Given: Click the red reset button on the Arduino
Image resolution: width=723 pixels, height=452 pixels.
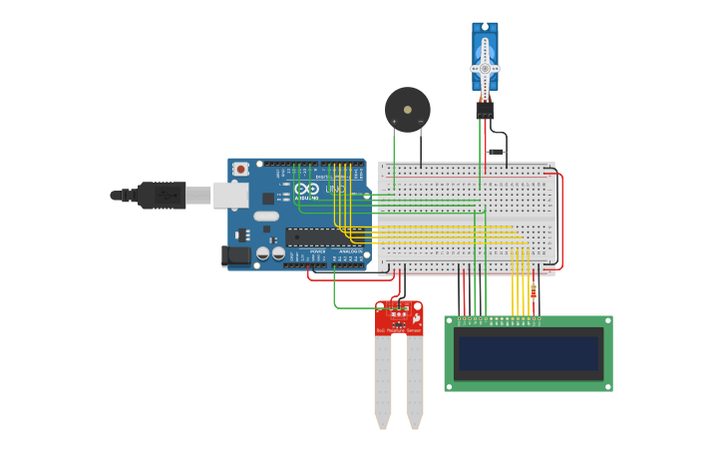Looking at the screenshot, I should pyautogui.click(x=240, y=170).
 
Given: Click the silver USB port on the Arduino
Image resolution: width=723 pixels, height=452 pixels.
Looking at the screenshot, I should pyautogui.click(x=230, y=195).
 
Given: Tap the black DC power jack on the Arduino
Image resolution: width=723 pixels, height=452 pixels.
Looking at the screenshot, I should pyautogui.click(x=235, y=255).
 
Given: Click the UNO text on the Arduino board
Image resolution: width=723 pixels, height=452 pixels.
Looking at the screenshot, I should pyautogui.click(x=335, y=189).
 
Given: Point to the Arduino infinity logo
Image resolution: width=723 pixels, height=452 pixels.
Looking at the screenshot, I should pyautogui.click(x=307, y=189).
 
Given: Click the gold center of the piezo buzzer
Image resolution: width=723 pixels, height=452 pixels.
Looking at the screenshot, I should pyautogui.click(x=407, y=110).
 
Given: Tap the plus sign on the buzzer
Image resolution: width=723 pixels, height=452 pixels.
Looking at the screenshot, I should pyautogui.click(x=394, y=122).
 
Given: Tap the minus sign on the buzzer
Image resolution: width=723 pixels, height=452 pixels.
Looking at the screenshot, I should pyautogui.click(x=421, y=122).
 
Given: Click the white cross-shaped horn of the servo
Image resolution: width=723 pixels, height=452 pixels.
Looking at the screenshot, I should pyautogui.click(x=485, y=67).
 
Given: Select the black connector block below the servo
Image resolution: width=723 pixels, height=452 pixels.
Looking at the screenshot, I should pyautogui.click(x=485, y=109).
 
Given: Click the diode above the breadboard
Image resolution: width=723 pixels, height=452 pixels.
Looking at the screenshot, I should pyautogui.click(x=496, y=152).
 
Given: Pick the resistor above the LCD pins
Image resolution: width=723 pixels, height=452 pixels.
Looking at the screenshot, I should pyautogui.click(x=534, y=289).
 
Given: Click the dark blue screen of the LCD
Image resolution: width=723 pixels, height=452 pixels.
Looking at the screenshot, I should pyautogui.click(x=529, y=353).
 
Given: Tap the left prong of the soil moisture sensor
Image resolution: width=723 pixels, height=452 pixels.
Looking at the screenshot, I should pyautogui.click(x=383, y=379).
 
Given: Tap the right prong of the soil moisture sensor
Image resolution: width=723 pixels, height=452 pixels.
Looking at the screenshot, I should pyautogui.click(x=414, y=379).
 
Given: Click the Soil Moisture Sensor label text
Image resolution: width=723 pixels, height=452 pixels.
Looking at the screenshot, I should pyautogui.click(x=398, y=329).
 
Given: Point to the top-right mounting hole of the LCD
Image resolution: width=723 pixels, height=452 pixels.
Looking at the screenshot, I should pyautogui.click(x=607, y=321).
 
